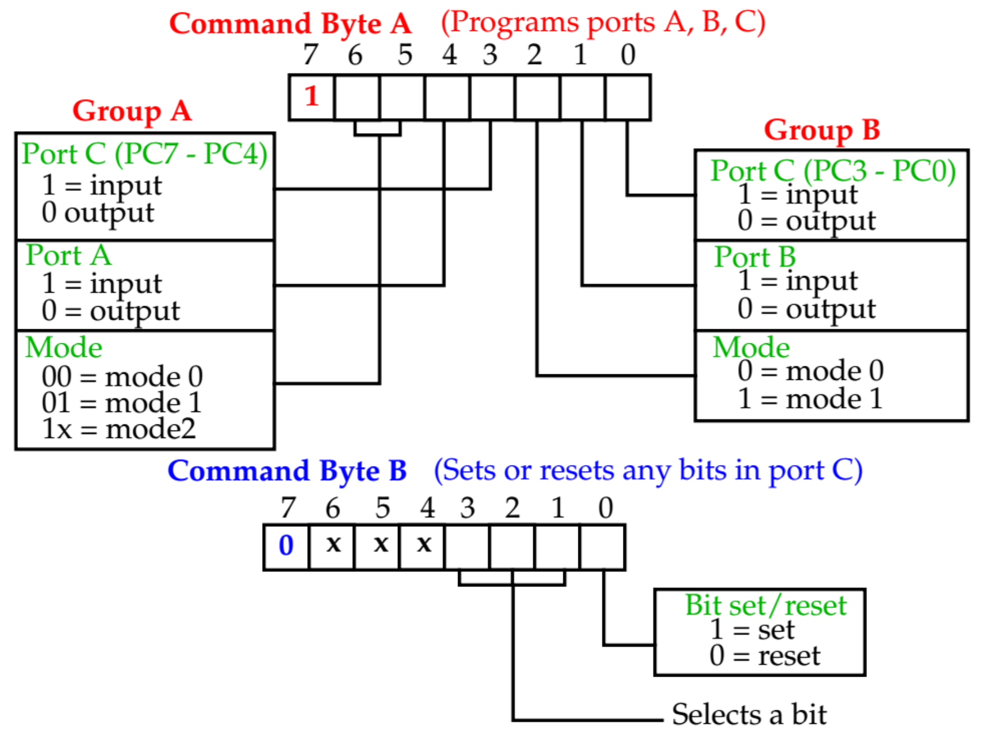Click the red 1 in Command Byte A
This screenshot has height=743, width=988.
tap(312, 96)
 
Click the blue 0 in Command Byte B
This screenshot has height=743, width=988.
tap(286, 545)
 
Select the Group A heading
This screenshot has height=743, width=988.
tap(132, 110)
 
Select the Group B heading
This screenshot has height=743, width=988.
tap(821, 129)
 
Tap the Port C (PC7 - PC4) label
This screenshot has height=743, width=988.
tap(144, 154)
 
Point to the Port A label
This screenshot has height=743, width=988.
tap(69, 256)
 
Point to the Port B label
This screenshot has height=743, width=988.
tap(755, 257)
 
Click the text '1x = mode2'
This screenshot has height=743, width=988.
tap(119, 429)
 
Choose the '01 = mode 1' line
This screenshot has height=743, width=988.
tap(122, 402)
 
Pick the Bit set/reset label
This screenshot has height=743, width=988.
tap(765, 605)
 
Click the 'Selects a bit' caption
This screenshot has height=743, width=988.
tap(749, 714)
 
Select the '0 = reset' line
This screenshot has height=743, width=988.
tap(765, 656)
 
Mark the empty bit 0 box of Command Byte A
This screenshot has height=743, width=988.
tap(628, 97)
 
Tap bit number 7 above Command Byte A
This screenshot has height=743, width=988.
tap(310, 55)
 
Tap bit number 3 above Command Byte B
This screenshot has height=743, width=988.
tap(467, 508)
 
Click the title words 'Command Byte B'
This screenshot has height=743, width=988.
tap(287, 471)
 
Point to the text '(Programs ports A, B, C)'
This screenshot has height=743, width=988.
tap(603, 23)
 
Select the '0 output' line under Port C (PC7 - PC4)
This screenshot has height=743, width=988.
tap(98, 213)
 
